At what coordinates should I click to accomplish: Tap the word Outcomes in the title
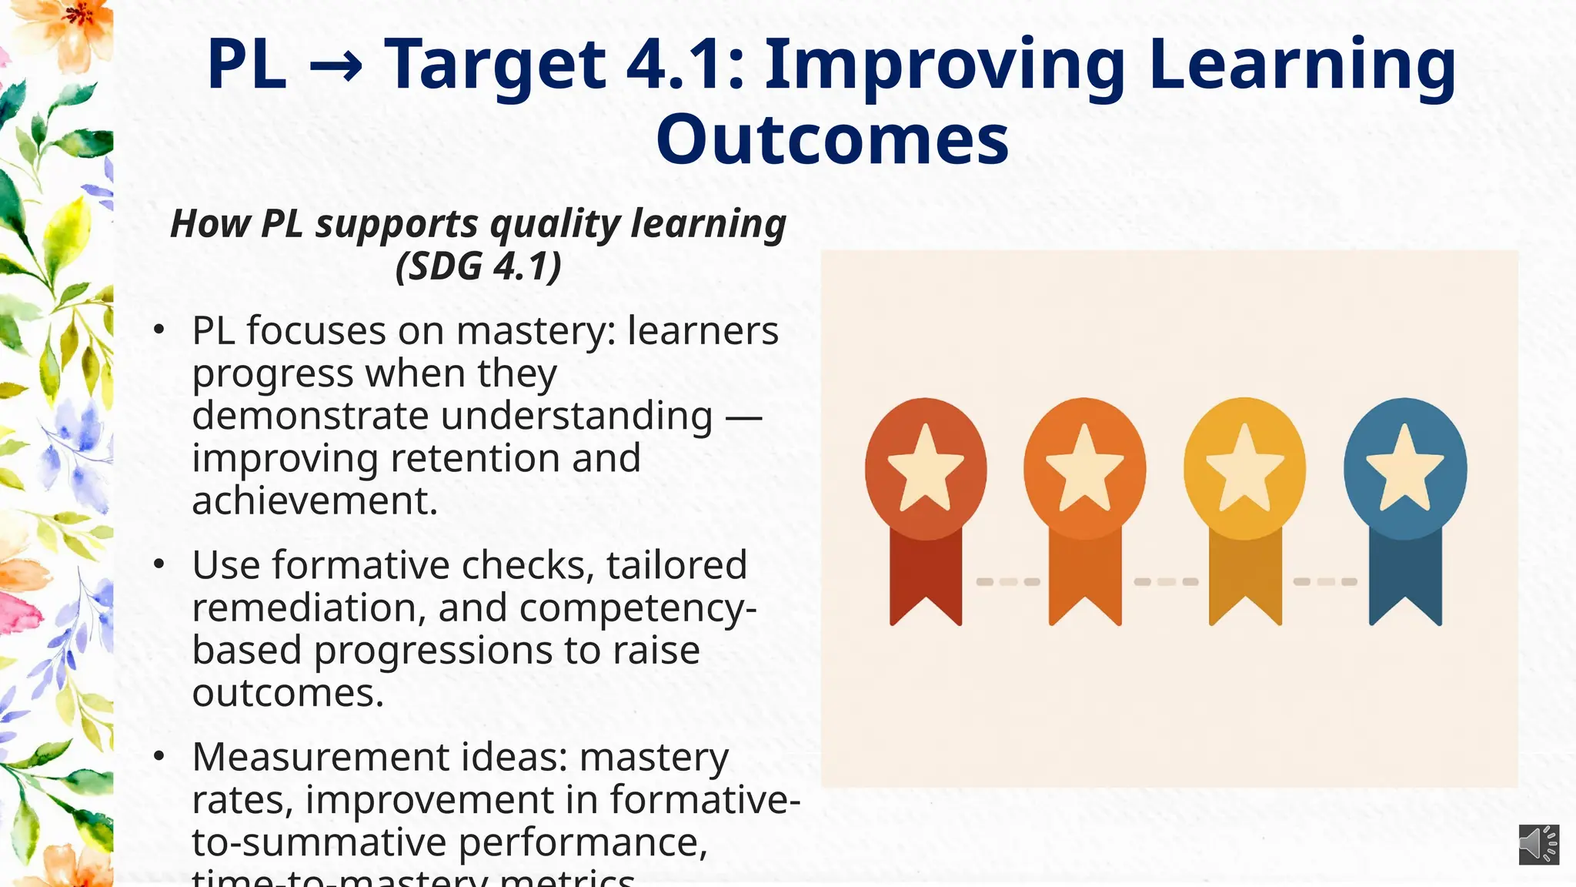pyautogui.click(x=832, y=139)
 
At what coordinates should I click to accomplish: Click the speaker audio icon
pyautogui.click(x=1538, y=845)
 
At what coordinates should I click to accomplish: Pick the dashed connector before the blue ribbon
pyautogui.click(x=1324, y=581)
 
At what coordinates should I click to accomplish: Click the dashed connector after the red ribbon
pyautogui.click(x=1007, y=581)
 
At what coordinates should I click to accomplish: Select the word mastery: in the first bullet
pyautogui.click(x=536, y=332)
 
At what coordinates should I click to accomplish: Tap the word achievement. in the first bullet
pyautogui.click(x=315, y=500)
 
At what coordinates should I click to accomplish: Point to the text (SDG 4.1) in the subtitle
pyautogui.click(x=478, y=266)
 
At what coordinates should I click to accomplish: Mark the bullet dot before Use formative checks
pyautogui.click(x=159, y=564)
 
